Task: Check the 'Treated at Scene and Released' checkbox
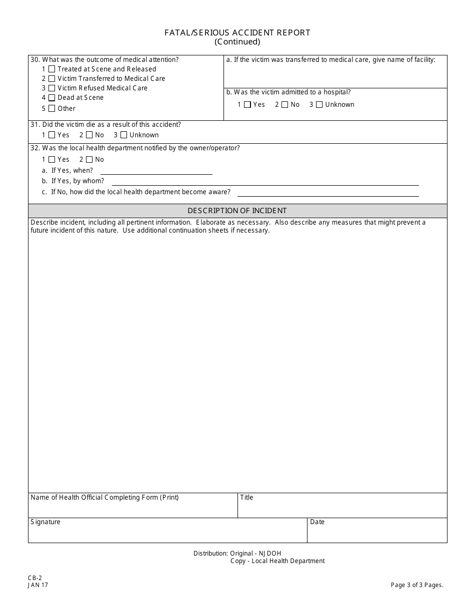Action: [x=51, y=69]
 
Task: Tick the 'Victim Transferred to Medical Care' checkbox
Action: [x=51, y=79]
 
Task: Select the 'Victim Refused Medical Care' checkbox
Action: [x=51, y=88]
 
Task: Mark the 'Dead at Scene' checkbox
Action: [x=51, y=98]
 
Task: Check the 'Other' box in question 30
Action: [x=51, y=108]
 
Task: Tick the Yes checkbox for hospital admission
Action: [x=247, y=105]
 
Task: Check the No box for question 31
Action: [x=89, y=135]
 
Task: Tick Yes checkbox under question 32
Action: [x=51, y=160]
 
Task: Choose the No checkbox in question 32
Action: [x=89, y=160]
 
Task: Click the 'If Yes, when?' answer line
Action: [x=156, y=171]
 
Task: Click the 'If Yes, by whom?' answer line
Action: [x=265, y=182]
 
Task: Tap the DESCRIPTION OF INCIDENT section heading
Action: [x=237, y=211]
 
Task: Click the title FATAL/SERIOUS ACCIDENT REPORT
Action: [x=237, y=32]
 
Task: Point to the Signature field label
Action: [x=45, y=522]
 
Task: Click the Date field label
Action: [x=317, y=522]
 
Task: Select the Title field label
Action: [x=247, y=498]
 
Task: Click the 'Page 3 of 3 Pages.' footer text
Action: [x=417, y=585]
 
